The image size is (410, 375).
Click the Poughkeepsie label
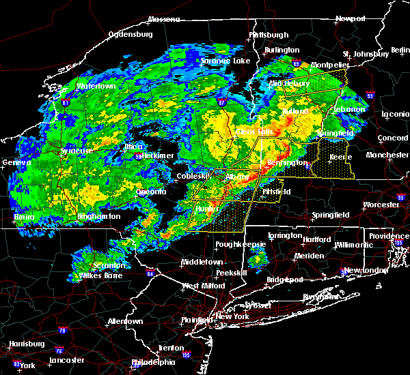coord(235,243)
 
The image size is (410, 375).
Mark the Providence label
coord(389,236)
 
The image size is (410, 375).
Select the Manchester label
coord(387,155)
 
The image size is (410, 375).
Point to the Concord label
coord(392,138)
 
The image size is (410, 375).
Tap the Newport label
coord(357,19)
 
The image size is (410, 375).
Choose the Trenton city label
coord(171,348)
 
